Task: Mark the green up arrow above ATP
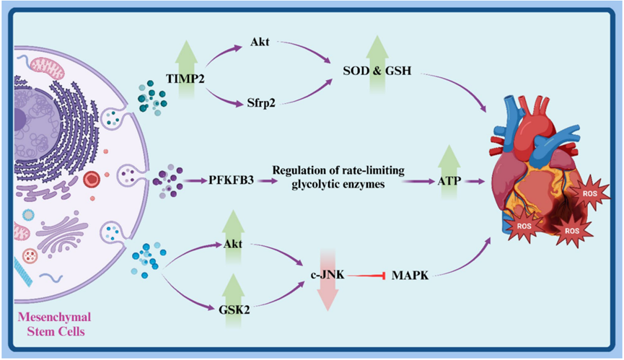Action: pos(448,158)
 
